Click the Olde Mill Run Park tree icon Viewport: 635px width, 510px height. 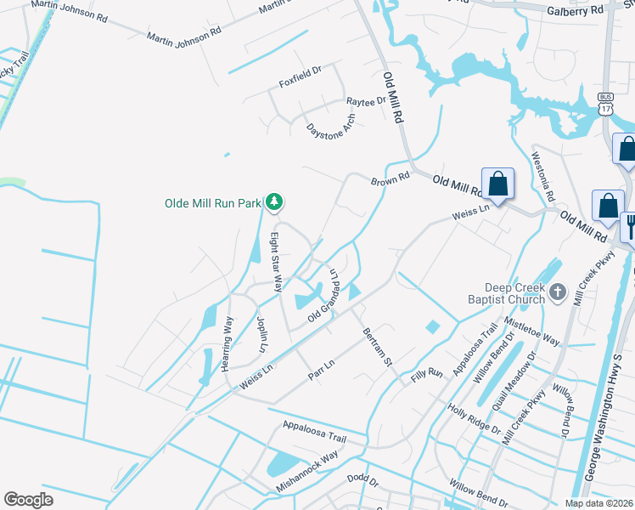[x=273, y=202]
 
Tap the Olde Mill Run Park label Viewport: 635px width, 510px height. [x=213, y=203]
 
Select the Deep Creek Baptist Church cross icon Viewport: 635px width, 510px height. [x=557, y=293]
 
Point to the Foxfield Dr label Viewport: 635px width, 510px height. [x=301, y=83]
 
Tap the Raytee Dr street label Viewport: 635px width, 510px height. [x=366, y=101]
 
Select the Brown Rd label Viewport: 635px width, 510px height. [x=390, y=180]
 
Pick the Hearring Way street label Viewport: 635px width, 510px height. [x=228, y=343]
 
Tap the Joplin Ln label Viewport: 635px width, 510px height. [x=261, y=336]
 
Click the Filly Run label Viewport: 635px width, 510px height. [x=427, y=372]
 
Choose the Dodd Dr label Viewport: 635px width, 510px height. [x=362, y=480]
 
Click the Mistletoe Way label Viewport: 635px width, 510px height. [x=532, y=329]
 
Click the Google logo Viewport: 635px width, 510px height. [x=28, y=500]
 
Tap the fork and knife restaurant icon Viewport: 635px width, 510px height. [x=630, y=227]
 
